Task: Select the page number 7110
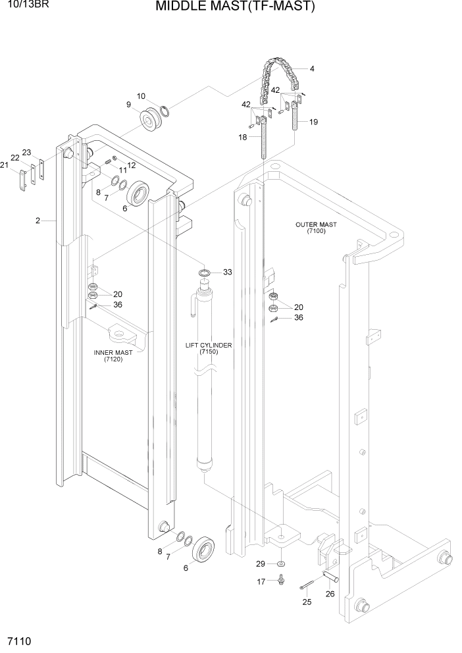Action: tap(19, 640)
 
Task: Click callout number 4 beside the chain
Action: tap(312, 68)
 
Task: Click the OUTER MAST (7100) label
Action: tap(316, 228)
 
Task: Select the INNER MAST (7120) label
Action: tap(113, 356)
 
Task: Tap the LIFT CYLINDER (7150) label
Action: tap(209, 348)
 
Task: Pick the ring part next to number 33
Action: tap(205, 272)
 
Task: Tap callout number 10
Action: tap(141, 96)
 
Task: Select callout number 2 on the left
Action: tap(38, 221)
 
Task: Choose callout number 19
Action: tap(313, 122)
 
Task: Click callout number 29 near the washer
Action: tap(260, 564)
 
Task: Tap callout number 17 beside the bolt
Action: tap(261, 581)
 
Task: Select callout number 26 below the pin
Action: tap(330, 594)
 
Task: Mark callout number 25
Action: tap(306, 602)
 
